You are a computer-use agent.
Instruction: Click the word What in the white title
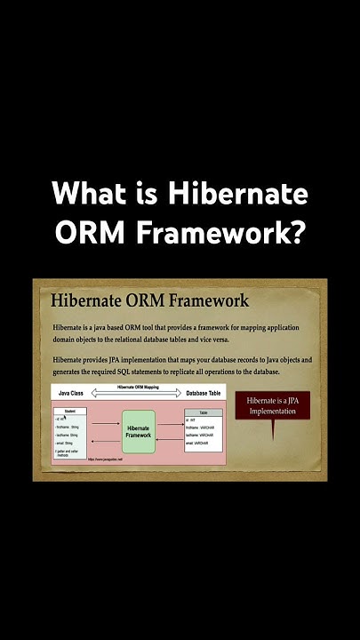tap(87, 193)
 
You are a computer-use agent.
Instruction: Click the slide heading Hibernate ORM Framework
tap(150, 301)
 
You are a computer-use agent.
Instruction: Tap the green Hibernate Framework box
tap(139, 431)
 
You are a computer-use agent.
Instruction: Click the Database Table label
tap(204, 392)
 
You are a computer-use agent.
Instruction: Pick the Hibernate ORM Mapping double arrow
tap(139, 391)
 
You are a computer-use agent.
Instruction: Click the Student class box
tap(70, 434)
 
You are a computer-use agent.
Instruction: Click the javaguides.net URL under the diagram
tap(104, 460)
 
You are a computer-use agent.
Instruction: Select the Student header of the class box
tap(70, 411)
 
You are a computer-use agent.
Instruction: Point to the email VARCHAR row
tap(201, 443)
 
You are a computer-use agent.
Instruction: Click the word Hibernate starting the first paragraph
tap(68, 328)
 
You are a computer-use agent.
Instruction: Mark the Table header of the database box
tap(204, 412)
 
